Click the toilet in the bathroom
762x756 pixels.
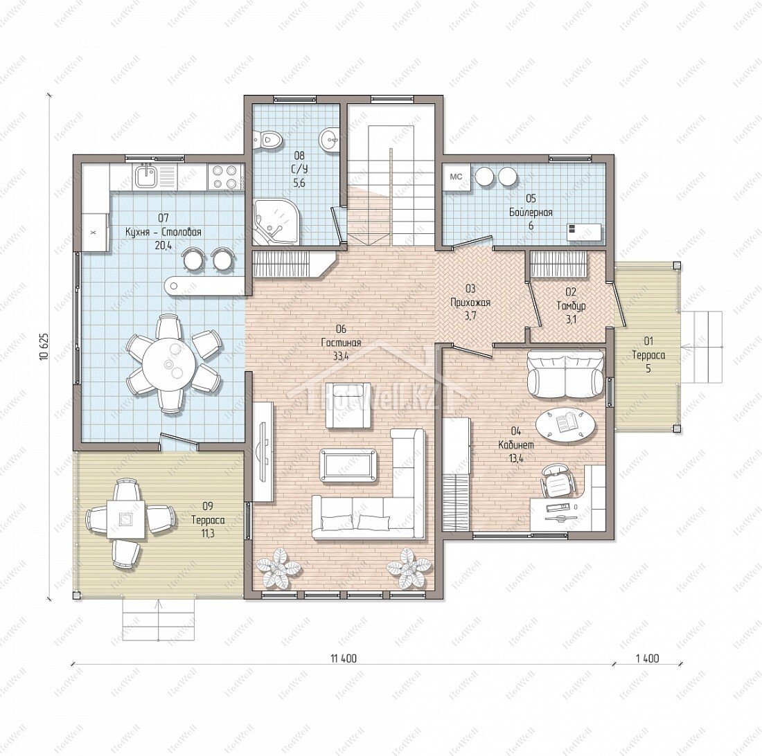tap(267, 139)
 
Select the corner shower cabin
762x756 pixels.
tap(275, 221)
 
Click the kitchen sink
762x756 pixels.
tap(145, 175)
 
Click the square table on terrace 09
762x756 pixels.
tap(125, 520)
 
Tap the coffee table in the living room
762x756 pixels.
tap(348, 466)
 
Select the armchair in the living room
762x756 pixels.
tap(348, 405)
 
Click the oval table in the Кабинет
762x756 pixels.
tap(565, 424)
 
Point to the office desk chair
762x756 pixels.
tap(558, 480)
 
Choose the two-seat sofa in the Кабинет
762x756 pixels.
tap(565, 374)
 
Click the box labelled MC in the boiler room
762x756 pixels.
tap(456, 177)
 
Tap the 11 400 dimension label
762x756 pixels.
tap(343, 658)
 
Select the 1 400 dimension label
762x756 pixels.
tap(647, 658)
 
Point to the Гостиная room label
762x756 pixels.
tap(341, 343)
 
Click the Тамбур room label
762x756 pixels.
tap(571, 306)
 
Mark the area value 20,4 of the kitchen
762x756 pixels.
tap(163, 245)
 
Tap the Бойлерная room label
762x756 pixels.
tap(531, 212)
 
